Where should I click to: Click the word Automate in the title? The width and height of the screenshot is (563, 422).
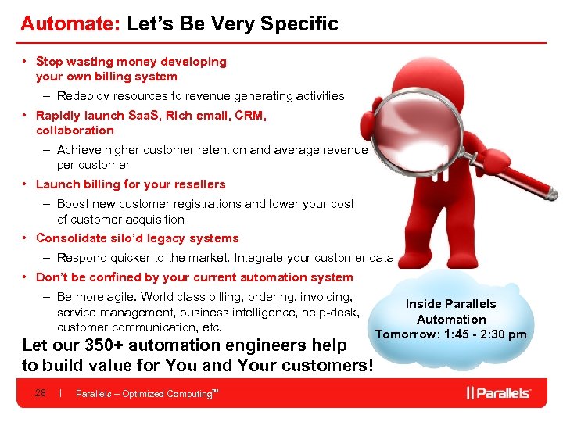[68, 23]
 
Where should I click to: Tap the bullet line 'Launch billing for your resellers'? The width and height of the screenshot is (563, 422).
[130, 184]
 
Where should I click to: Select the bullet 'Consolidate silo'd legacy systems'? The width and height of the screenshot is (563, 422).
[137, 238]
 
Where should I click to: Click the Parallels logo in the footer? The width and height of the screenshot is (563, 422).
[500, 392]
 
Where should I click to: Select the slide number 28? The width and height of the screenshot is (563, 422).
[41, 393]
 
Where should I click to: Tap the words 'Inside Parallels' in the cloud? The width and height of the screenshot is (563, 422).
[450, 303]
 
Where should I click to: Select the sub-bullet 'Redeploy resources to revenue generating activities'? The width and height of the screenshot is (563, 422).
[200, 96]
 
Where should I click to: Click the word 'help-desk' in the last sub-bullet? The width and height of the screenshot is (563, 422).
[334, 313]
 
